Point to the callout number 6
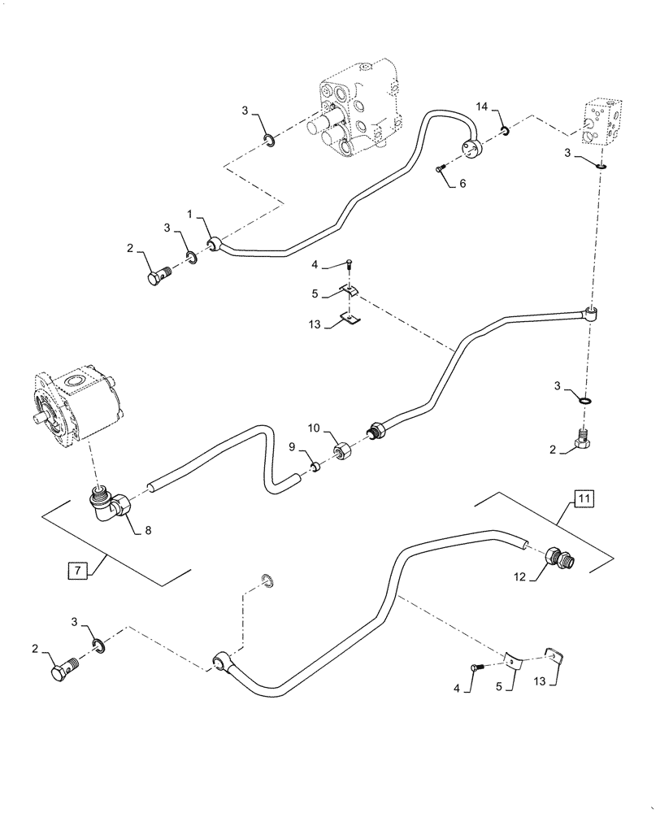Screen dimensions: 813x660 pos(462,184)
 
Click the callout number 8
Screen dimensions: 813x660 pos(147,531)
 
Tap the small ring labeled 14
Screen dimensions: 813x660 pos(505,129)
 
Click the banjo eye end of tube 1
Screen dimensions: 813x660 pos(215,244)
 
